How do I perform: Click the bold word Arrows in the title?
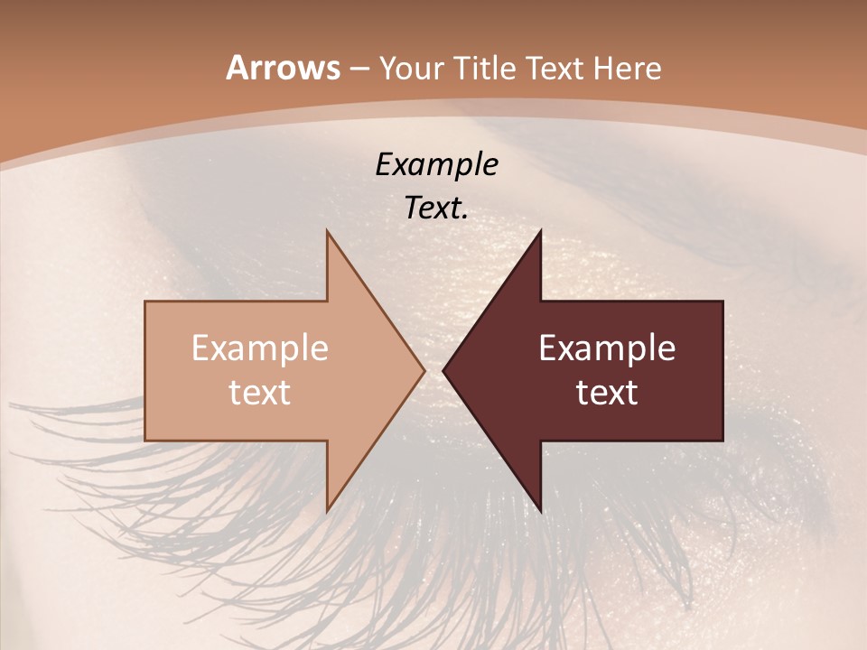[x=283, y=68]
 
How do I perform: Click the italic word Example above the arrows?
[x=436, y=164]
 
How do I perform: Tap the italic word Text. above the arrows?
[x=436, y=208]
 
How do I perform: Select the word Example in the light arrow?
[x=260, y=348]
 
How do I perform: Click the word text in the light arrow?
[x=260, y=392]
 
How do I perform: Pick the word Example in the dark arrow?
[x=607, y=348]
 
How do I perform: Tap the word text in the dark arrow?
[x=607, y=392]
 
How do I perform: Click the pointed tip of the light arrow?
[x=424, y=370]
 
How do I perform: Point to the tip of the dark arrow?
[x=443, y=370]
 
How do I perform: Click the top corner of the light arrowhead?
[x=327, y=229]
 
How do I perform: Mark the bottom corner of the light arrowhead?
[x=327, y=511]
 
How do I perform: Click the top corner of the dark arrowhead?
[x=540, y=229]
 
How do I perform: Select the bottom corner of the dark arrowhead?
[x=540, y=511]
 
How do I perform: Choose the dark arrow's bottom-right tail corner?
[x=722, y=441]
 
